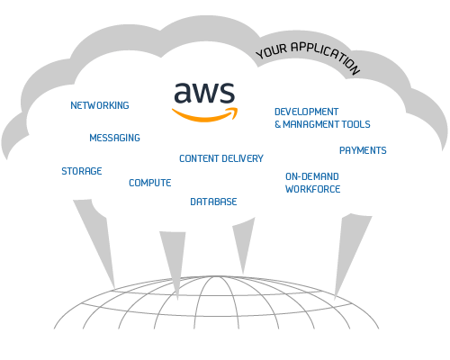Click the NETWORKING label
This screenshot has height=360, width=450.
coord(100,105)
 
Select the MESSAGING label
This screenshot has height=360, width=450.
coord(114,138)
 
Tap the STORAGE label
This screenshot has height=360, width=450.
coord(82,171)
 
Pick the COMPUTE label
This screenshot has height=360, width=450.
coord(150,183)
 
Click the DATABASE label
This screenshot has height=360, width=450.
coord(213,202)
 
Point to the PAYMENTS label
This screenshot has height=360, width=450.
coord(363,150)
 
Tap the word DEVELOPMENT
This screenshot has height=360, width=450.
coord(307,112)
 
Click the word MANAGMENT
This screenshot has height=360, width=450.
coord(311,124)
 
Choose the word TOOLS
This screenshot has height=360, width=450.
coord(356,124)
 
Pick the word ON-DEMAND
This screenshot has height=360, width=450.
coord(312,176)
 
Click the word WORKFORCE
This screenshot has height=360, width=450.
coord(313,189)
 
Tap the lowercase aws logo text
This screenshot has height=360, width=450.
coord(204,93)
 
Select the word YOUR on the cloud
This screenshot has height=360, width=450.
coord(272,51)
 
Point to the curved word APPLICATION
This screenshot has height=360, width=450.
coord(326,56)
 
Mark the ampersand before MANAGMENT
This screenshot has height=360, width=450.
coord(278,124)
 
